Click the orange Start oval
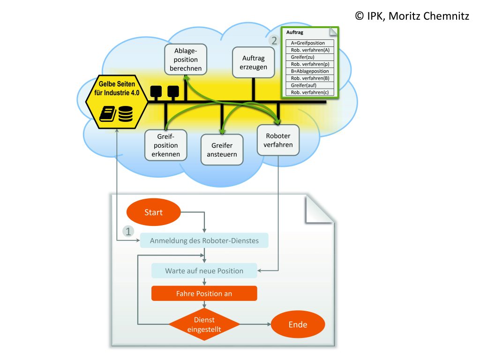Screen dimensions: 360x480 click(153, 212)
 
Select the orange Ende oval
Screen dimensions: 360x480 click(298, 324)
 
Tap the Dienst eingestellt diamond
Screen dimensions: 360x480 click(204, 324)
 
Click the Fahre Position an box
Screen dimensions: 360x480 click(204, 293)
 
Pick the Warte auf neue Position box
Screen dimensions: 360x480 click(204, 270)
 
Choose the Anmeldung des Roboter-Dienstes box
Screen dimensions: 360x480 click(204, 241)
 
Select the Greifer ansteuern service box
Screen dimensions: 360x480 click(222, 150)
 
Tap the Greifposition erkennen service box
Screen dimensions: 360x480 click(165, 145)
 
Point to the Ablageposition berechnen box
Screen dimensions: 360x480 click(186, 60)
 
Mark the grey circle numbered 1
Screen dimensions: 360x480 click(127, 231)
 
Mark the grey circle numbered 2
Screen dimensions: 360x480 click(273, 40)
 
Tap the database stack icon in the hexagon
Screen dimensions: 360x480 click(125, 114)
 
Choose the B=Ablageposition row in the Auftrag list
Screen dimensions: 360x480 click(309, 71)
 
